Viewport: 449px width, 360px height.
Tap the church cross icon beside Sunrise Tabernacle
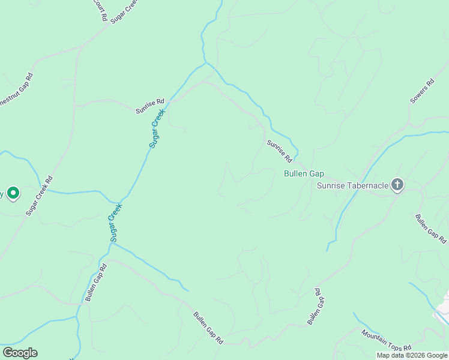pyautogui.click(x=397, y=185)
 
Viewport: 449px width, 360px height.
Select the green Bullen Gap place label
pyautogui.click(x=304, y=173)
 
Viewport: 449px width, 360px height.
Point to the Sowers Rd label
pyautogui.click(x=421, y=91)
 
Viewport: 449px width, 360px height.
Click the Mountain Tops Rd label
pyautogui.click(x=386, y=340)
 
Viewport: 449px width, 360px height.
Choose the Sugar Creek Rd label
pyautogui.click(x=40, y=196)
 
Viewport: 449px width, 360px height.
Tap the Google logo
pyautogui.click(x=20, y=353)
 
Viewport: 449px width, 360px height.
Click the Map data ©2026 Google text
pyautogui.click(x=412, y=355)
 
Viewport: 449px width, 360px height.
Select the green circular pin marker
pyautogui.click(x=13, y=193)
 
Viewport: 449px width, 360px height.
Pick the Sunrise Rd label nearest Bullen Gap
pyautogui.click(x=279, y=151)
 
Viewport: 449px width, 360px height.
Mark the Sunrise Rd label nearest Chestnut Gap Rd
pyautogui.click(x=149, y=106)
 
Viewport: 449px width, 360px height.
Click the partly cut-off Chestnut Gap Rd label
pyautogui.click(x=16, y=90)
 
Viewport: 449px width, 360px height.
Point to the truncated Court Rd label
pyautogui.click(x=99, y=9)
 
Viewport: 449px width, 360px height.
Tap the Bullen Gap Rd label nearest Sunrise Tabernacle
pyautogui.click(x=430, y=229)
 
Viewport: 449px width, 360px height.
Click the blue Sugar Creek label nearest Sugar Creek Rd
pyautogui.click(x=116, y=222)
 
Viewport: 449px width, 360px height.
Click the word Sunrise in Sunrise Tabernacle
pyautogui.click(x=330, y=185)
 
